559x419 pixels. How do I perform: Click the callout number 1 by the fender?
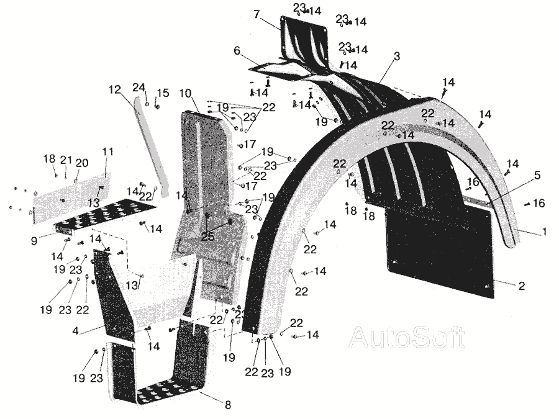[545, 232]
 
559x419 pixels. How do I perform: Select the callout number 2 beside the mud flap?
[521, 286]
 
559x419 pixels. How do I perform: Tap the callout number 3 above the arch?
[396, 56]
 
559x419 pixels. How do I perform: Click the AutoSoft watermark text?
[407, 337]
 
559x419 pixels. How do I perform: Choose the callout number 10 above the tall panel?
[185, 93]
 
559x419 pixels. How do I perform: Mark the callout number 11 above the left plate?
[108, 151]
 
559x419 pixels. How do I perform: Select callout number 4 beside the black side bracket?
[75, 331]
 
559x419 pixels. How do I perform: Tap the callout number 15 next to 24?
[163, 93]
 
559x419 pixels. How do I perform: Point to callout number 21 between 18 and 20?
[66, 160]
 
